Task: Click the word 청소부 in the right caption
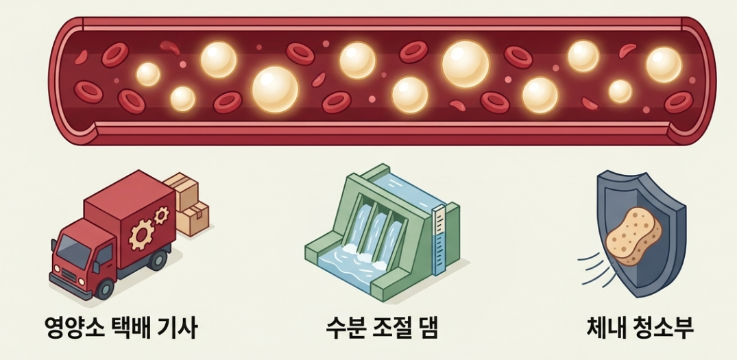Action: pyautogui.click(x=662, y=327)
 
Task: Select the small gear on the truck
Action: pyautogui.click(x=162, y=216)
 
